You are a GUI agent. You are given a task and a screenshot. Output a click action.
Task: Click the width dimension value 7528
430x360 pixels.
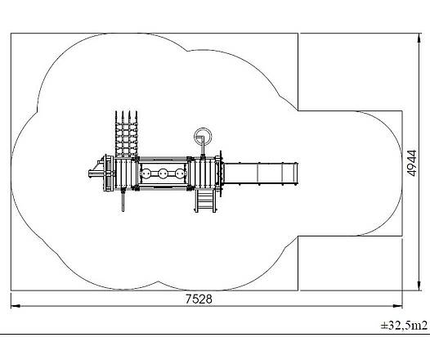point(199,299)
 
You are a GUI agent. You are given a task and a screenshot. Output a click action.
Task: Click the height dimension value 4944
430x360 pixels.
point(412,163)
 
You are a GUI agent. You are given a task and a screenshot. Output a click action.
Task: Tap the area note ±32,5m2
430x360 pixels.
point(404,325)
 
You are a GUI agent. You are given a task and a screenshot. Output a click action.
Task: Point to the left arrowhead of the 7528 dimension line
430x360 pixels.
point(15,306)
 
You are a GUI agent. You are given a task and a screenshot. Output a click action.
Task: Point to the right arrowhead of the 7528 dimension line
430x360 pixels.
point(397,306)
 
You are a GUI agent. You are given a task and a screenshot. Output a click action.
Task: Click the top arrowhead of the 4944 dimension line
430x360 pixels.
point(419,38)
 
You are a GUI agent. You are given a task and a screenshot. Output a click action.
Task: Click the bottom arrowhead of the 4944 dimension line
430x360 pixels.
point(419,286)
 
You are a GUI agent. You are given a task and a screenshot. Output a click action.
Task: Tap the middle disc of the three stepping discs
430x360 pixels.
point(163,173)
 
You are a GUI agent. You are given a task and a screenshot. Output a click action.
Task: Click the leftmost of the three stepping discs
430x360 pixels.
point(146,173)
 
